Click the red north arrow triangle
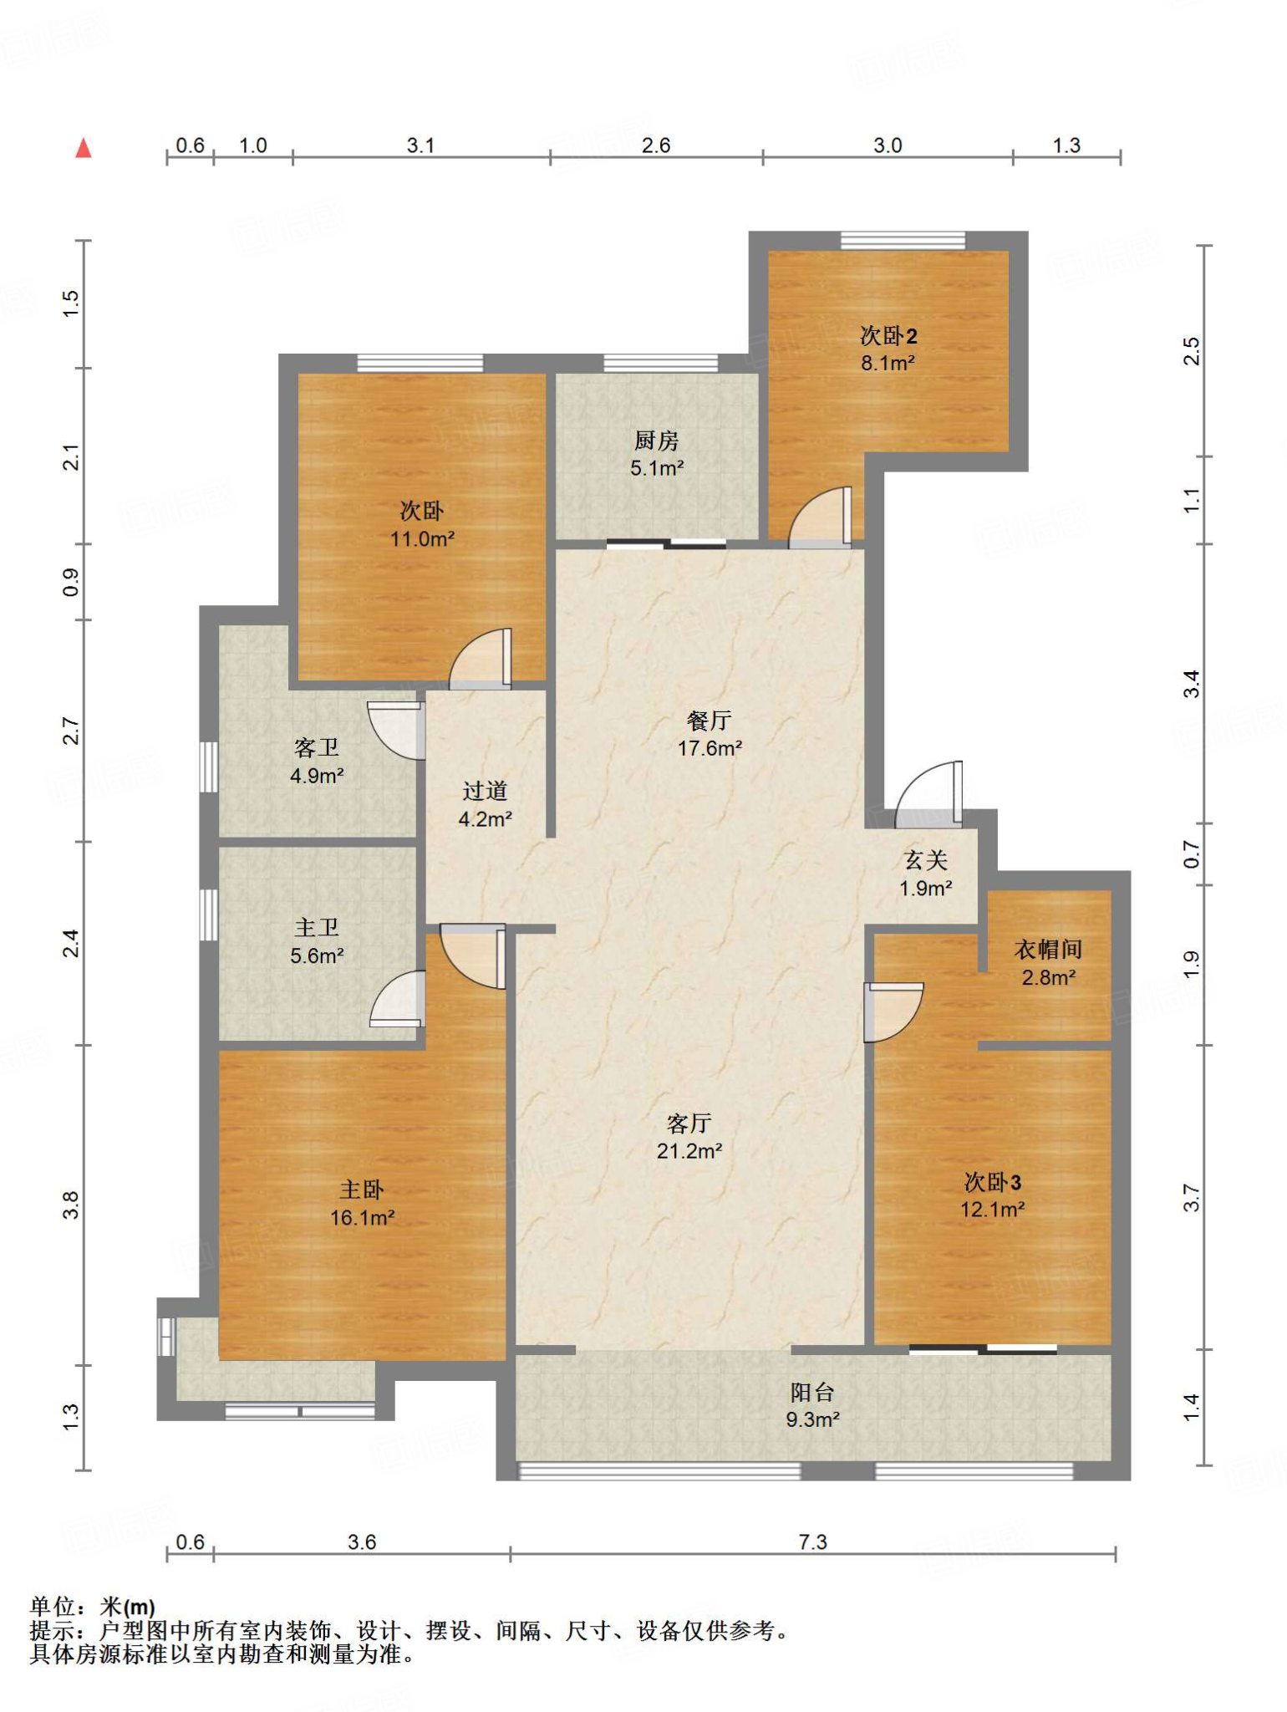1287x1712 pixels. coord(84,149)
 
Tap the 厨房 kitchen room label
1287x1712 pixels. coord(656,440)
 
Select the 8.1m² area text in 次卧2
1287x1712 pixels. coord(888,364)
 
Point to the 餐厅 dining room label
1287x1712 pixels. coord(710,720)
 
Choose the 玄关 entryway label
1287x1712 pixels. coord(926,860)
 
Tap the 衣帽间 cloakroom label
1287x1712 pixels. coord(1049,949)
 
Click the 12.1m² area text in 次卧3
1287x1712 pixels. coord(993,1210)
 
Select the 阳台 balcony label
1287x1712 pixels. coord(812,1392)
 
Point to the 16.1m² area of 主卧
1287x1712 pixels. coord(363,1218)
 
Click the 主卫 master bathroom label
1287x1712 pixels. coord(317,927)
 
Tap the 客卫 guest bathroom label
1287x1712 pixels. coord(317,747)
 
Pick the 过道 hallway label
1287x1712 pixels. coord(486,791)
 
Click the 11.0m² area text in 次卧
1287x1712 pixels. coord(423,539)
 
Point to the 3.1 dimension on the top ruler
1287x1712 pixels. coord(420,145)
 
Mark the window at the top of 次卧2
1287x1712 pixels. coord(903,241)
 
